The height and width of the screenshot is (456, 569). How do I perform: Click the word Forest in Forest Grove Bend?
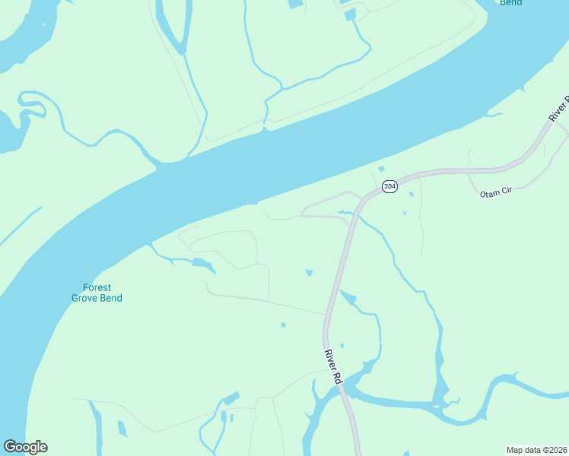[97, 287]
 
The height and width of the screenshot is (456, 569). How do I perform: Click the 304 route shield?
[389, 186]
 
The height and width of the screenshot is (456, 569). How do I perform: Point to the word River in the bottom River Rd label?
[329, 359]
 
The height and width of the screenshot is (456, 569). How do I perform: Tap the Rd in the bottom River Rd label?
[336, 377]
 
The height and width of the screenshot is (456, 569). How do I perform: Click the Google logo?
[25, 447]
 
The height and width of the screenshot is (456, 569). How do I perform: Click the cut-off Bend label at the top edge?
[511, 3]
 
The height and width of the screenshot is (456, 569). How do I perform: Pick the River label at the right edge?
[559, 109]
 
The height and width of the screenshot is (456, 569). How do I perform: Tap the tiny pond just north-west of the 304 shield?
[381, 169]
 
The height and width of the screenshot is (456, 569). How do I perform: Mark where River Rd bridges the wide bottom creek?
[344, 388]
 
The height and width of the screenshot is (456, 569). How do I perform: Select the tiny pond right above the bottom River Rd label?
[342, 345]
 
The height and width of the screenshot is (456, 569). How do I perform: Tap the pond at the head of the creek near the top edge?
[350, 15]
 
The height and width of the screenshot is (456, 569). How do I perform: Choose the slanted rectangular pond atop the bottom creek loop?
[231, 398]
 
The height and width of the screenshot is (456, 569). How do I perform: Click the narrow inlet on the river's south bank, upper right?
[491, 115]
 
